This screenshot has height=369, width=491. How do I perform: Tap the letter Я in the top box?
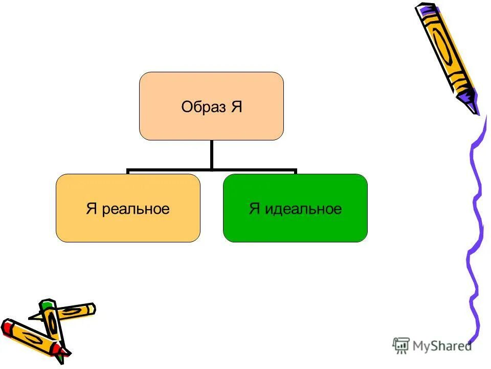tap(236, 108)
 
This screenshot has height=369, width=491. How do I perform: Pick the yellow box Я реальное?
tap(127, 225)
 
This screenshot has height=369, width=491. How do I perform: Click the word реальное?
tap(136, 209)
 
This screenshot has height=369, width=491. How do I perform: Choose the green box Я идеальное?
tap(295, 225)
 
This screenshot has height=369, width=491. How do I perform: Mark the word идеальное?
tap(302, 209)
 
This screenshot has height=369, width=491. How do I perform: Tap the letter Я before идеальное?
tap(255, 209)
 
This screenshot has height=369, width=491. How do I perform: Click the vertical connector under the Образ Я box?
tap(211, 154)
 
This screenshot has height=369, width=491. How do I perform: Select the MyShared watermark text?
tap(443, 346)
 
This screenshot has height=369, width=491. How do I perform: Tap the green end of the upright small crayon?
tap(47, 305)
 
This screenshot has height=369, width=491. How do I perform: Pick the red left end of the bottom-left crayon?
tap(7, 327)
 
